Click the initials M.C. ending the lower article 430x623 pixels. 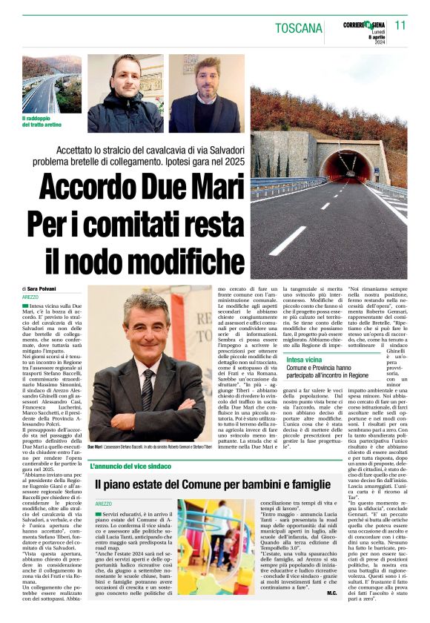coord(331,613)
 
